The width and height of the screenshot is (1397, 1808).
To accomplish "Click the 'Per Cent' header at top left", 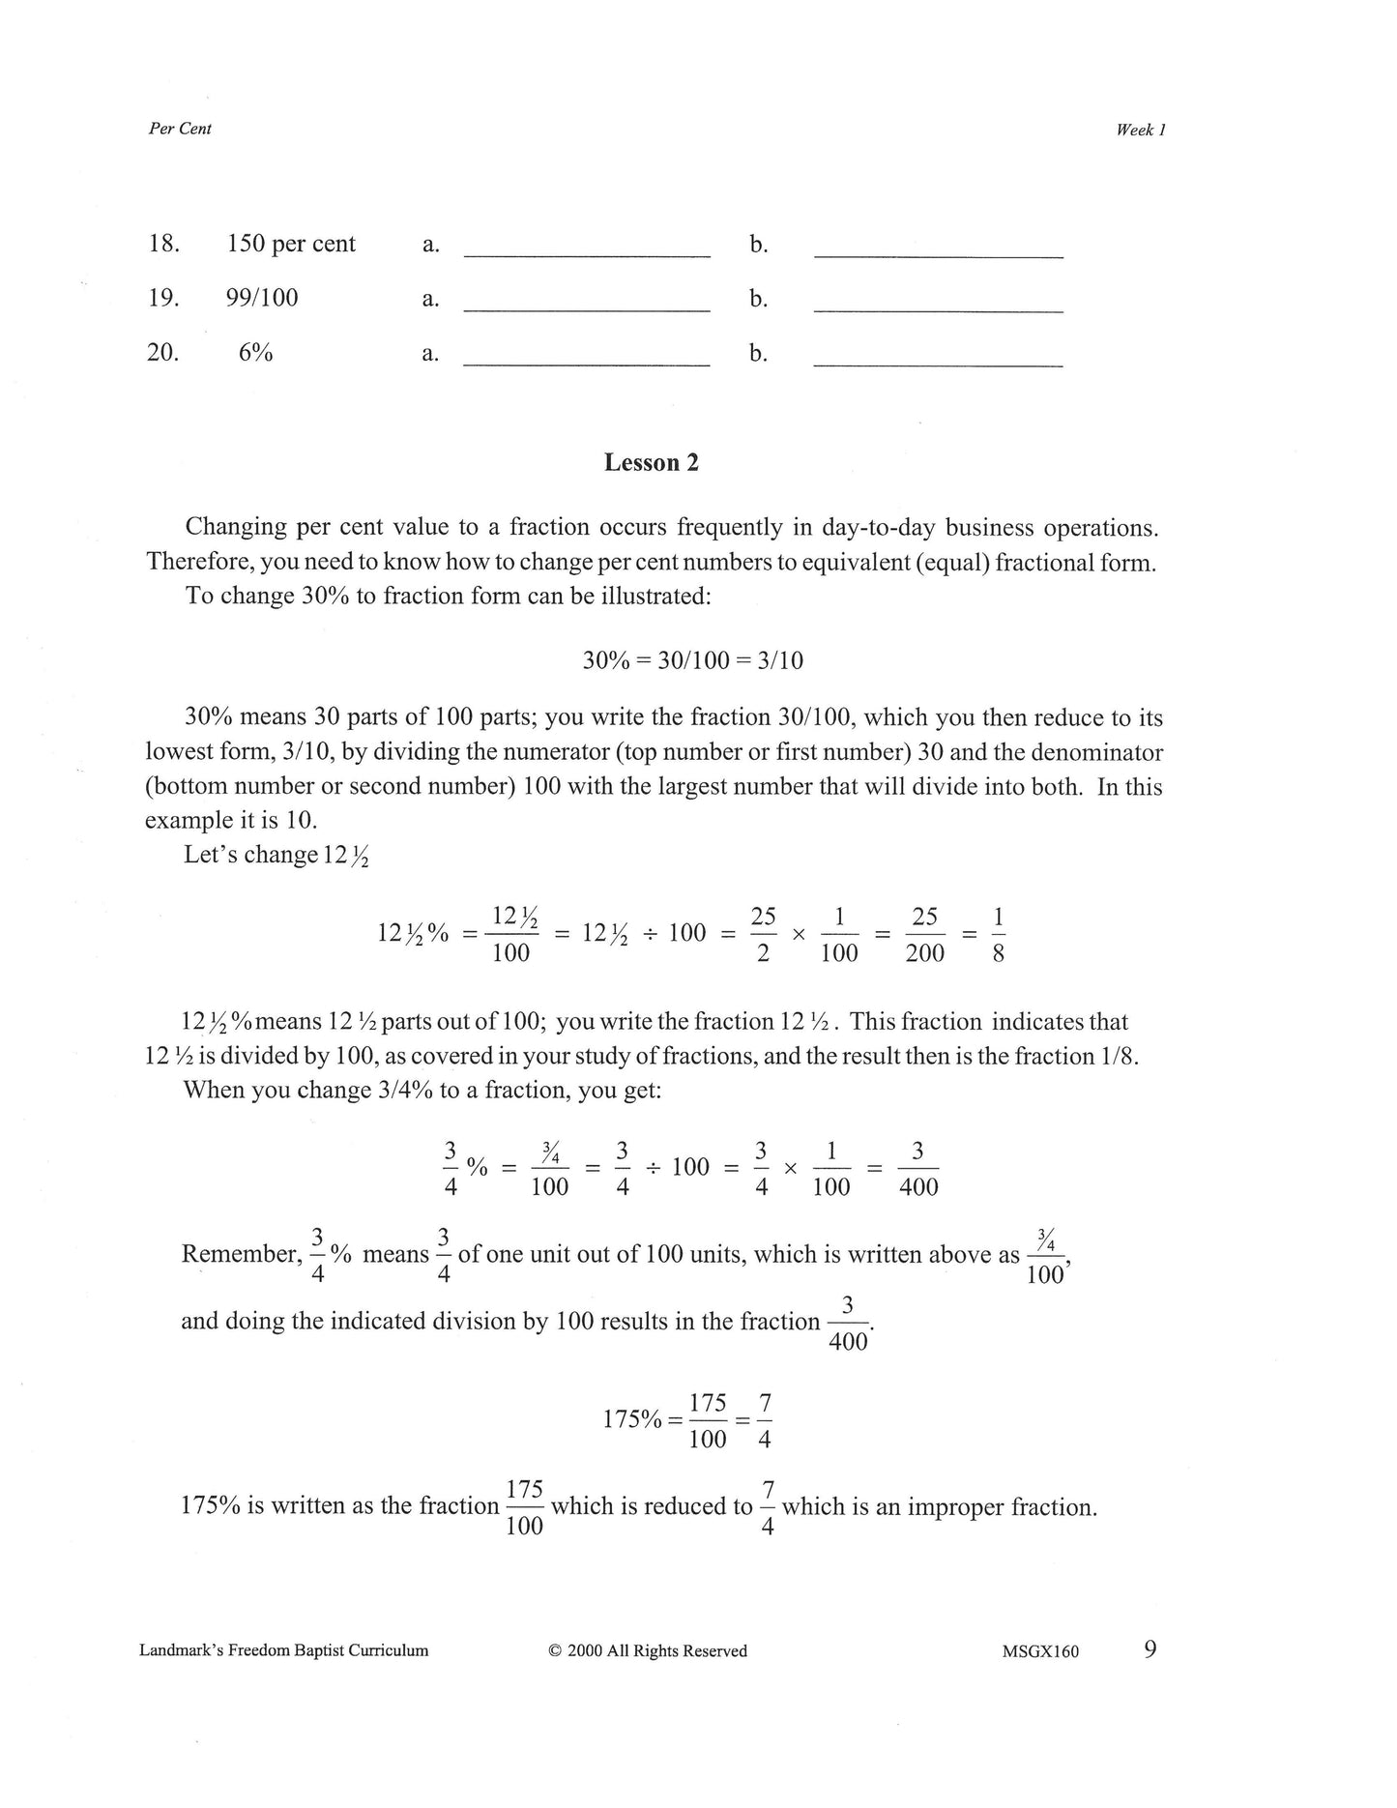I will (180, 129).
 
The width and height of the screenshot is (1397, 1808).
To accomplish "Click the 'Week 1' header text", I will (1141, 131).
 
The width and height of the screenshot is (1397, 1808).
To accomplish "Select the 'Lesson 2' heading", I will (651, 463).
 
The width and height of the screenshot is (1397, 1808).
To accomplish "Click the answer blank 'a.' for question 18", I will (587, 247).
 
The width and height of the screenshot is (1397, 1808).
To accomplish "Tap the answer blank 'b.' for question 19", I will (938, 301).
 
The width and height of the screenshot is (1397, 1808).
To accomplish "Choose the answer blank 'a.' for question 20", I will (587, 355).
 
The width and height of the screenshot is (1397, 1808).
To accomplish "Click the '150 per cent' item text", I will (291, 244).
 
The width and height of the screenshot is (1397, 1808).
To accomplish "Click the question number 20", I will (162, 352).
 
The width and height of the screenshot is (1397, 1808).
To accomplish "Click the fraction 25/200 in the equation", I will (924, 935).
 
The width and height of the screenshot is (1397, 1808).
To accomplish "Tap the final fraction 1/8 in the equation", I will (998, 935).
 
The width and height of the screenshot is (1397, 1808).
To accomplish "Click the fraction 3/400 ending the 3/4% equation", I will (917, 1168).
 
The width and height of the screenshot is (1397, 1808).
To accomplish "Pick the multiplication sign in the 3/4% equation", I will (790, 1169).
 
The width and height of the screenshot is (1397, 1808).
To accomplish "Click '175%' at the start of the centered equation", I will (632, 1419).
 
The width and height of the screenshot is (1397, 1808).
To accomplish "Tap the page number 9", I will (1150, 1649).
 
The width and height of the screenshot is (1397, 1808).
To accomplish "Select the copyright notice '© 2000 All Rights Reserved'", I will (647, 1651).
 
